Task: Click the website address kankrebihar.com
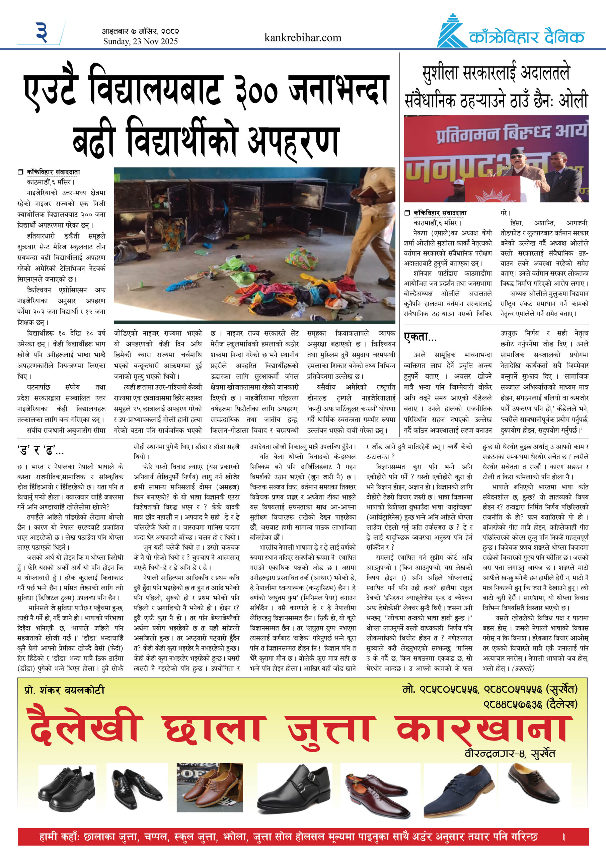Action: coord(302,38)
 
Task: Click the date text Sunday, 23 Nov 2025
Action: coord(140,42)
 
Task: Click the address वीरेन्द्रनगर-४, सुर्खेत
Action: coord(509,754)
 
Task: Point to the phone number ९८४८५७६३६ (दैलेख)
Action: coord(530,704)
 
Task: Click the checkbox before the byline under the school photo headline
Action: coord(20,172)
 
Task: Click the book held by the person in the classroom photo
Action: coord(370,192)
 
